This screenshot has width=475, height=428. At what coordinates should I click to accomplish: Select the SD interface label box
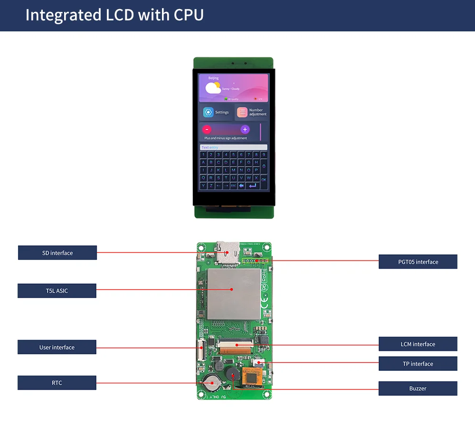(x=57, y=253)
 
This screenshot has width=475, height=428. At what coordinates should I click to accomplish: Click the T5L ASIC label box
(x=57, y=291)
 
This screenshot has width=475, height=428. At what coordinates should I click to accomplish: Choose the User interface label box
(x=57, y=347)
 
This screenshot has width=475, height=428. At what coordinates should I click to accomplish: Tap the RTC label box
(x=57, y=383)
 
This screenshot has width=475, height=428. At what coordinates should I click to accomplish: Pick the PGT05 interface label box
(x=418, y=262)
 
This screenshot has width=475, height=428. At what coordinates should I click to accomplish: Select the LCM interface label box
(x=418, y=344)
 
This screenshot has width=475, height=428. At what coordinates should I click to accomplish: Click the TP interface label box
(x=418, y=364)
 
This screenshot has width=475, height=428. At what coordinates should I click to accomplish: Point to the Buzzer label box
(x=418, y=389)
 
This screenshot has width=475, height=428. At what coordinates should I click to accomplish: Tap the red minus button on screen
(x=207, y=129)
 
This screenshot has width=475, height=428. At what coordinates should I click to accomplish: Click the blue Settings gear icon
(x=208, y=112)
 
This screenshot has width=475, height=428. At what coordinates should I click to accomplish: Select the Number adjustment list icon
(x=242, y=112)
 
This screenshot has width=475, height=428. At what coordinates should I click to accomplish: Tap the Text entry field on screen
(x=233, y=147)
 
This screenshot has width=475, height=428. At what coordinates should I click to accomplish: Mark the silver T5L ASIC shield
(x=234, y=293)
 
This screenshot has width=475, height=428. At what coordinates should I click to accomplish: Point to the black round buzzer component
(x=233, y=375)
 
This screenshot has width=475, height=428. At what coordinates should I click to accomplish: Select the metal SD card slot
(x=228, y=251)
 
